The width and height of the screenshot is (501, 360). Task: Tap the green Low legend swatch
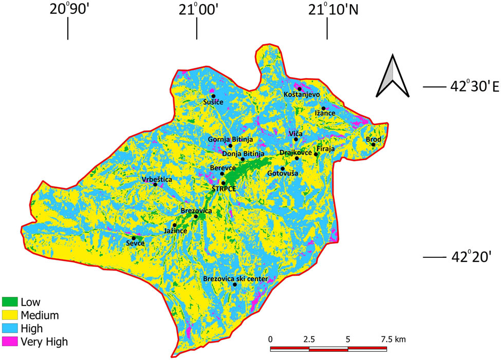click(x=10, y=301)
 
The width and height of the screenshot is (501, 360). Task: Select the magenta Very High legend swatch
click(x=10, y=340)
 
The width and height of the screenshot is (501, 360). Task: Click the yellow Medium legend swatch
click(x=10, y=314)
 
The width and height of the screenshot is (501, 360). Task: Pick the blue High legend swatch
click(x=10, y=328)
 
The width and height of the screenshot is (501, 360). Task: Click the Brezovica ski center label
click(x=235, y=278)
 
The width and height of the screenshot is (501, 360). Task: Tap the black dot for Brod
click(x=374, y=145)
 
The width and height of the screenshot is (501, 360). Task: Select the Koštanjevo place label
click(x=302, y=94)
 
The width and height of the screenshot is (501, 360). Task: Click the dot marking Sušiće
click(x=213, y=96)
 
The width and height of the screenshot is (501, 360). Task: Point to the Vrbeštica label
click(x=157, y=179)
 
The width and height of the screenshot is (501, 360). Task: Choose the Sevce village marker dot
click(x=134, y=238)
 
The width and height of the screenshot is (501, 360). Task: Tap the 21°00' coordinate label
click(x=196, y=10)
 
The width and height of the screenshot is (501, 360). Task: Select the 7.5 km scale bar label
click(x=393, y=339)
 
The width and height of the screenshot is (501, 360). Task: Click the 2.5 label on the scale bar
click(x=309, y=339)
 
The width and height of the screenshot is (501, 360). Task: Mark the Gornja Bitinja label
click(x=231, y=139)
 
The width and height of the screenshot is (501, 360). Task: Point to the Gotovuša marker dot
click(x=283, y=168)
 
